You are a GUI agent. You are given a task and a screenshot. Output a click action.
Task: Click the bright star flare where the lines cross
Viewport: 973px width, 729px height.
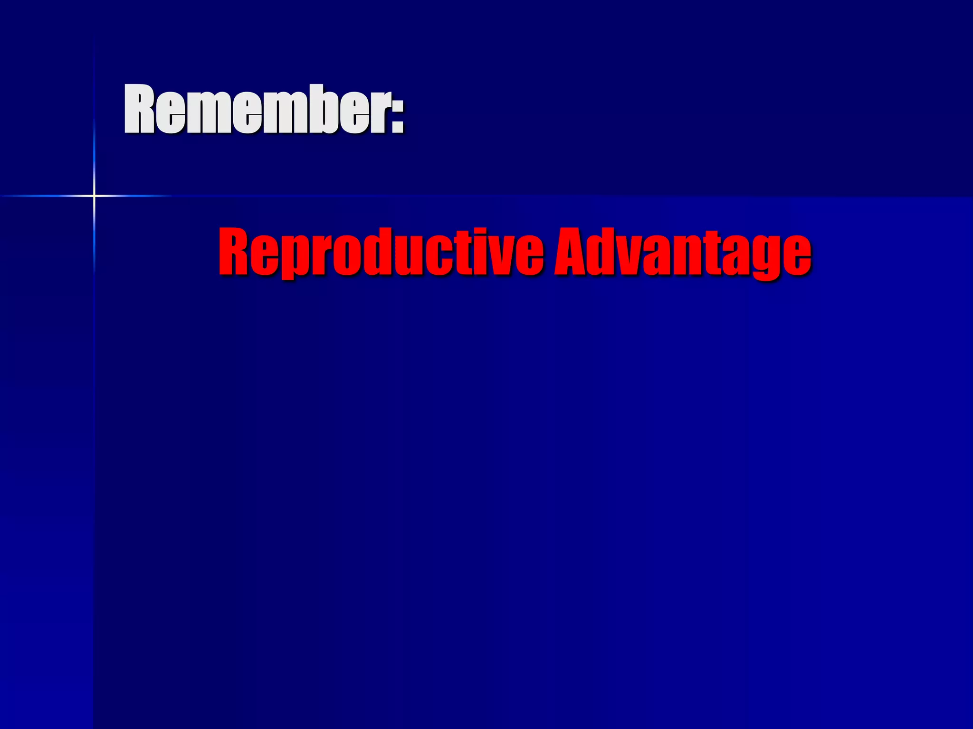click(94, 196)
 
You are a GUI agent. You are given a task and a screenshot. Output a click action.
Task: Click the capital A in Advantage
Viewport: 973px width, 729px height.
click(573, 252)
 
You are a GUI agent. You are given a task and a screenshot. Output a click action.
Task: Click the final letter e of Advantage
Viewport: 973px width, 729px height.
click(796, 256)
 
